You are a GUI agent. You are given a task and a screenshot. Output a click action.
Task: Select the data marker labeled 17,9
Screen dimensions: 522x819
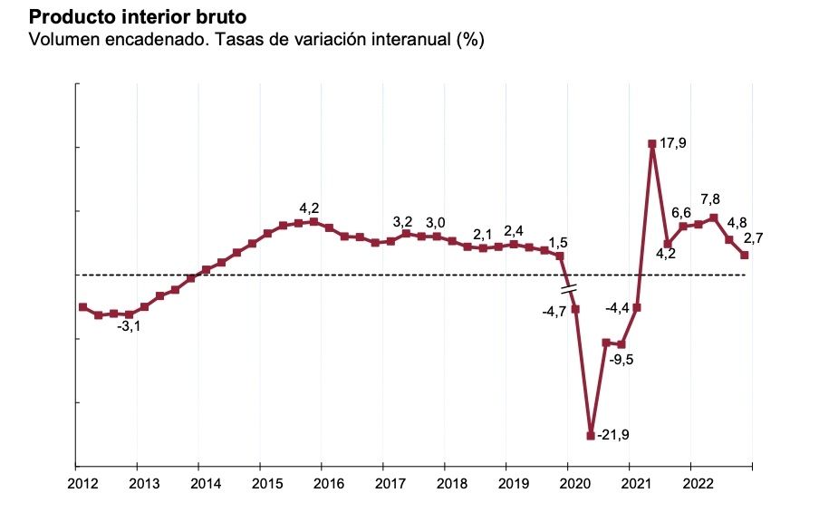[x=652, y=143]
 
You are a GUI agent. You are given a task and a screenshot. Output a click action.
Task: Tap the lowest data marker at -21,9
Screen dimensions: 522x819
[x=591, y=436]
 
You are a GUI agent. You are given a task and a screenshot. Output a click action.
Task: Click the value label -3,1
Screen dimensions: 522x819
[x=129, y=326]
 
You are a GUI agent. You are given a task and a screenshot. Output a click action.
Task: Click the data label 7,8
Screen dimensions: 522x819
[x=711, y=199]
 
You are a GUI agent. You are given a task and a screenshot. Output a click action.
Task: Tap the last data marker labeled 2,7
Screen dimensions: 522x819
[x=745, y=255]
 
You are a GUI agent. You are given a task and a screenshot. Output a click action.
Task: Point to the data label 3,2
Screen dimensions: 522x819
[x=402, y=222]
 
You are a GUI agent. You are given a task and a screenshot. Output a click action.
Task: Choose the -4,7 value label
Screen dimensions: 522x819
[x=554, y=312]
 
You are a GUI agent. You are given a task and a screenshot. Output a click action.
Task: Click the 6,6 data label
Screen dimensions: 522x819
[x=681, y=213]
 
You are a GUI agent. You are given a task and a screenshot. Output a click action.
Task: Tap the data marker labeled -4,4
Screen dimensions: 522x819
[x=637, y=307]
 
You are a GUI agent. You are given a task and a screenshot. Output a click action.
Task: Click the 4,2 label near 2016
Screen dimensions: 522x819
[x=310, y=208]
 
